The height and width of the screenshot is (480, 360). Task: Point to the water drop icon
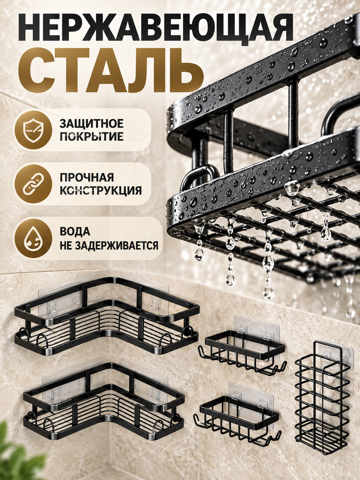(x=33, y=239)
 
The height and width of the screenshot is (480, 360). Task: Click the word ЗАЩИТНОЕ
(x=91, y=124)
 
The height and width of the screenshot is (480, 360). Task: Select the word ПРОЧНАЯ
(x=87, y=177)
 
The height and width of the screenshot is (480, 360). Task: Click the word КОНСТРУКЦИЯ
(x=100, y=191)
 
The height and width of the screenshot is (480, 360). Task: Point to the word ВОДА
(x=75, y=232)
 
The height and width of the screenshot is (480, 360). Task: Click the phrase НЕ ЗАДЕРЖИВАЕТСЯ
(x=109, y=245)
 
